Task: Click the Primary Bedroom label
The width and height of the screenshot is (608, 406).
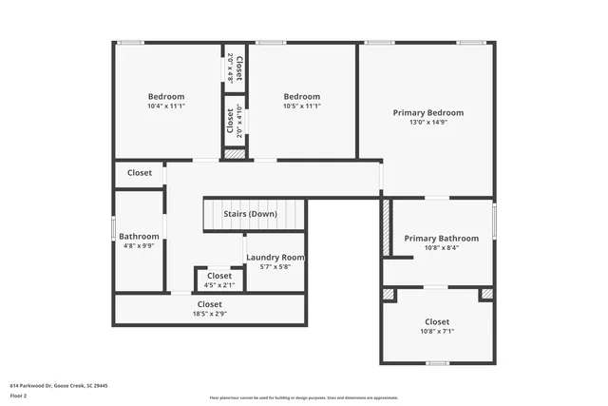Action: click(428, 112)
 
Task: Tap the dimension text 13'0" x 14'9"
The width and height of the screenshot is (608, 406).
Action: click(428, 122)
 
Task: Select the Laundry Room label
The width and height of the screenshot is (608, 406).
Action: click(275, 258)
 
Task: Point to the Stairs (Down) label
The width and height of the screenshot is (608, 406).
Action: click(250, 214)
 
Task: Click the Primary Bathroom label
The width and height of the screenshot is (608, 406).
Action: click(438, 238)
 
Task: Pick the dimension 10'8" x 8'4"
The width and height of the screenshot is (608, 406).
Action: click(438, 247)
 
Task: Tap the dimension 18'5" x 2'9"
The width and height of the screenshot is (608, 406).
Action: click(210, 314)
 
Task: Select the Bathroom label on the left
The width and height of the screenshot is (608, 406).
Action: click(139, 236)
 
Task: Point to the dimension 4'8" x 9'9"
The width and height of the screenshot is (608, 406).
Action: click(139, 245)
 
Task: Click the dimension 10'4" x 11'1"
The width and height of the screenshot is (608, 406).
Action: click(166, 106)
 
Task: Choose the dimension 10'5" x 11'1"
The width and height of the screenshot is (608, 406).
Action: click(302, 106)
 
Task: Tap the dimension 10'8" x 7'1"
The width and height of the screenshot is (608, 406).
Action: click(438, 332)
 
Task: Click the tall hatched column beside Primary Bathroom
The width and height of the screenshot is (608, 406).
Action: click(386, 226)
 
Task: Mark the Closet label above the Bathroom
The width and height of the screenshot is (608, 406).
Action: click(140, 173)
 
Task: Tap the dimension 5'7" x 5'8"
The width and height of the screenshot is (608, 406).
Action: click(275, 266)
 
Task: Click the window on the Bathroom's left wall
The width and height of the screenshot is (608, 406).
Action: click(114, 229)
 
